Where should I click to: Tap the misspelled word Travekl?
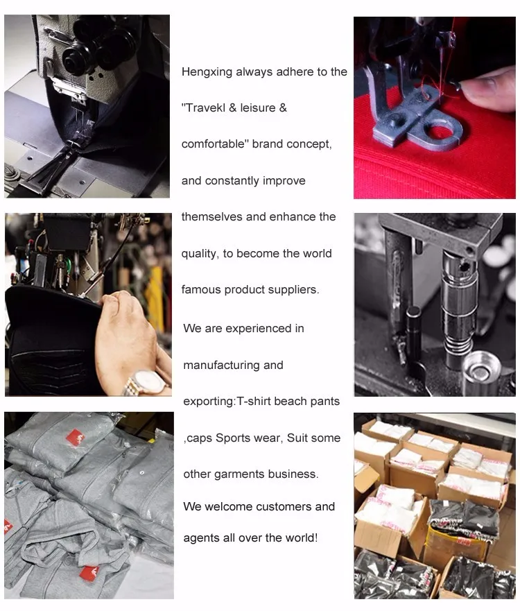205,107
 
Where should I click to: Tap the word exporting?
209,402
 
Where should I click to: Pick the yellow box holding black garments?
456,542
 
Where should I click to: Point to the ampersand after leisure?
283,107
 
